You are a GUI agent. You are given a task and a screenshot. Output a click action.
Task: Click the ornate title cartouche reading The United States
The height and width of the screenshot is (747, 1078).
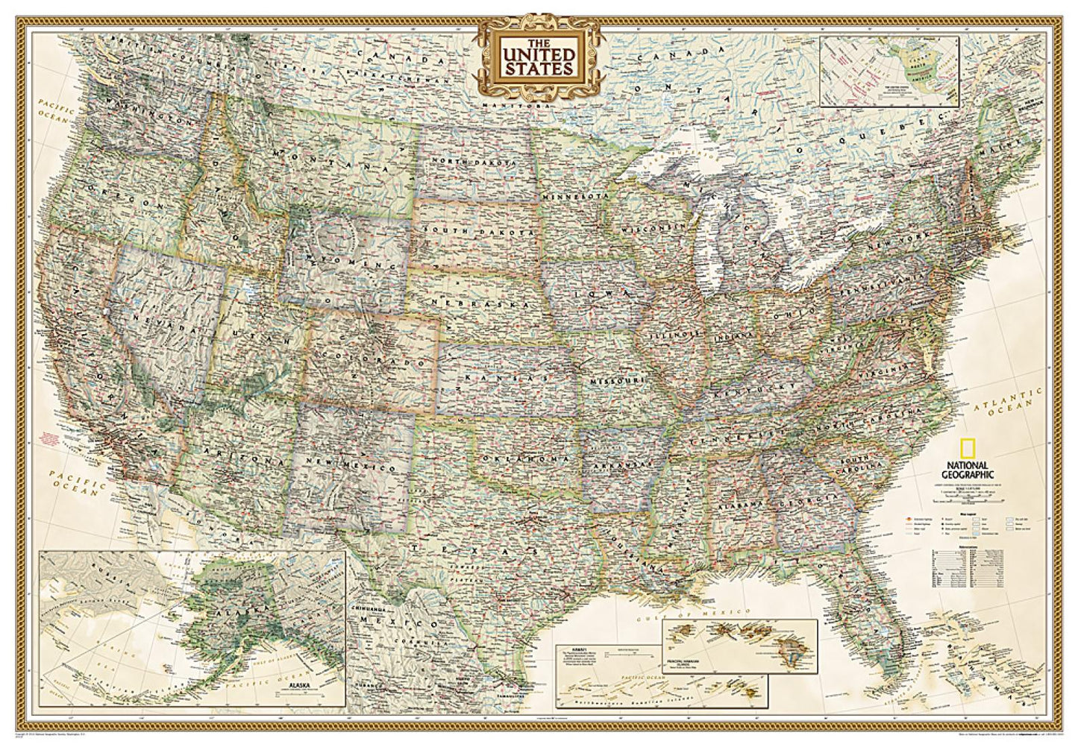tap(539, 58)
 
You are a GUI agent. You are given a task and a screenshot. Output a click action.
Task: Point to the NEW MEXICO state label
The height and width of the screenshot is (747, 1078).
tap(354, 464)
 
